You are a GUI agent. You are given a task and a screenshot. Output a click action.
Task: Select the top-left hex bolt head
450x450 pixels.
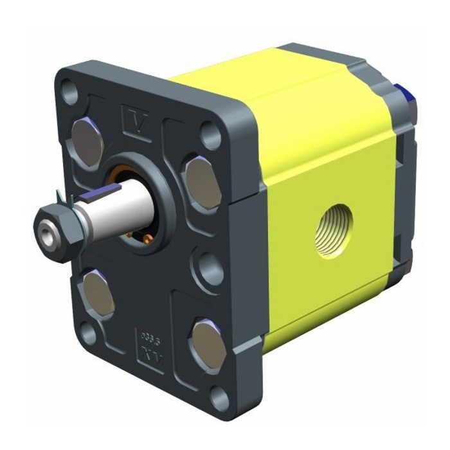[x=85, y=134]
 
